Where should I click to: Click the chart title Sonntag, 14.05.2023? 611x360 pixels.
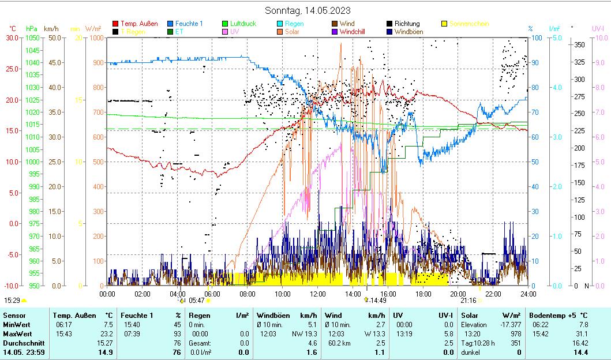(x=308, y=10)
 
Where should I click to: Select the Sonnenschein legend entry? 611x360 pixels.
(x=469, y=24)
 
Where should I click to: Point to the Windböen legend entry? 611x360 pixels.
(x=408, y=32)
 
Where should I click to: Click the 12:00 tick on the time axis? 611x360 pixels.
(x=317, y=293)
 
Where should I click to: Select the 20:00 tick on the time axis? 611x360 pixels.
(x=458, y=293)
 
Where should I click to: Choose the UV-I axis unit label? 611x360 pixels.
(x=598, y=28)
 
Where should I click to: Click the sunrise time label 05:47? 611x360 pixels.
(x=197, y=301)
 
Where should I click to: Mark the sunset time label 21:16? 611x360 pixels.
(x=468, y=301)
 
